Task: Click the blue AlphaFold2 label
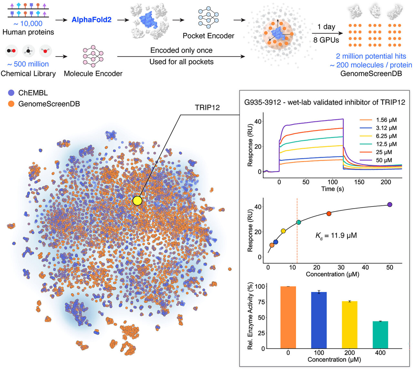click(91, 20)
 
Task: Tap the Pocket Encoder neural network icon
click(208, 17)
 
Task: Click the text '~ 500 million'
click(28, 64)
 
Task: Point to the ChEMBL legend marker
click(11, 93)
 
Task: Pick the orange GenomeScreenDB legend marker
click(11, 104)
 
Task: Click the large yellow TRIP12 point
click(137, 201)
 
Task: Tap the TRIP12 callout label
click(207, 107)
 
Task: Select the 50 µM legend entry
click(378, 160)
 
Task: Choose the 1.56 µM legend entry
click(378, 120)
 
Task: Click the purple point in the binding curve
click(389, 205)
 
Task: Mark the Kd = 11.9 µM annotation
click(336, 235)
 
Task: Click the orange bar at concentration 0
click(288, 317)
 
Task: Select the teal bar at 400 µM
click(380, 335)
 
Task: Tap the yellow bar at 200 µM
click(349, 325)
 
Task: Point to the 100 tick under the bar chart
click(319, 353)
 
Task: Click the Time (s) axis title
click(332, 189)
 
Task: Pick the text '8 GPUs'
click(326, 40)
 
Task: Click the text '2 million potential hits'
click(371, 56)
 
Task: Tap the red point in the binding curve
click(329, 214)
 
